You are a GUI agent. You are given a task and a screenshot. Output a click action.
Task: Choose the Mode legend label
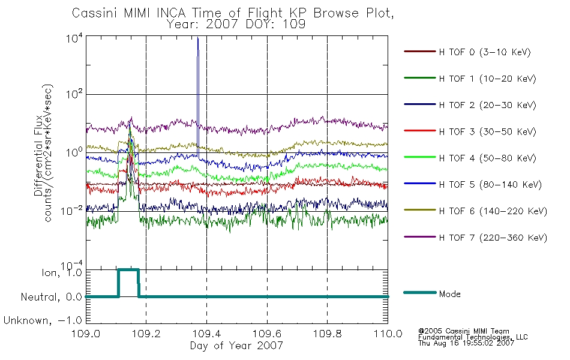point(449,294)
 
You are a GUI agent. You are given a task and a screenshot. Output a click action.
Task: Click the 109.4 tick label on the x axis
point(206,334)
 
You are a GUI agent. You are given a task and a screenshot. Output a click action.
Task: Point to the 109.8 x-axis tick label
point(327,334)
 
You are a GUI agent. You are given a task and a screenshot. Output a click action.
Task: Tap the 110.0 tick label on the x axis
point(388,334)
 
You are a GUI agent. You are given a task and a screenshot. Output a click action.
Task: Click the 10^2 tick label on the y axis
point(74,94)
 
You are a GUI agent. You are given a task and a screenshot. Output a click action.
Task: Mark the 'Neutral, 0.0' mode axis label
point(51,297)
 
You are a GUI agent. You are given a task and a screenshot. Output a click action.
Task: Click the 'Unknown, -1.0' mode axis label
point(43,320)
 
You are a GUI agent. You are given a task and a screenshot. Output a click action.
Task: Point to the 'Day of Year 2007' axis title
point(236,346)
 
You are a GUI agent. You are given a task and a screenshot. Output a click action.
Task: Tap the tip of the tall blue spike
point(198,37)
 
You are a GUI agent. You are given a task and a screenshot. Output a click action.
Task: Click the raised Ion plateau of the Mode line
point(128,270)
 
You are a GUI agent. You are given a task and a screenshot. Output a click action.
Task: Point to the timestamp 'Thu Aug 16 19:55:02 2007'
point(466,343)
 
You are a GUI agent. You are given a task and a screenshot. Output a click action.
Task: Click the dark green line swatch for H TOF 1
point(419,78)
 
